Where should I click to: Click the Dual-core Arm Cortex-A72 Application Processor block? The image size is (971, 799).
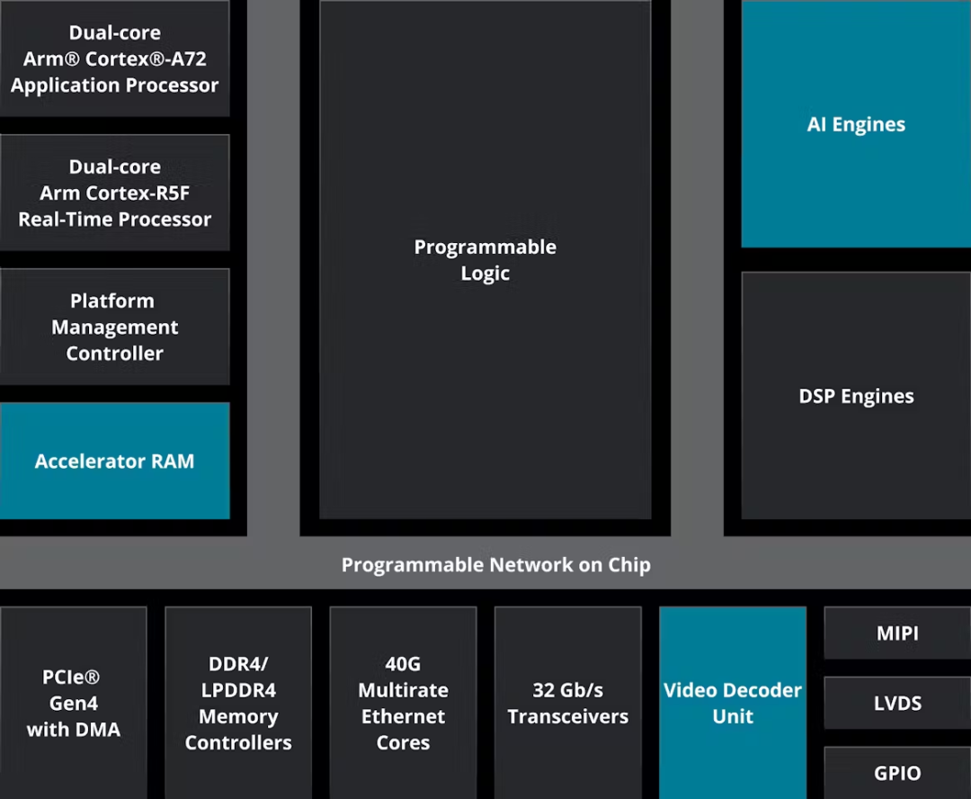pyautogui.click(x=114, y=58)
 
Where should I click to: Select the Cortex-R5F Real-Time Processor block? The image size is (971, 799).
pyautogui.click(x=114, y=193)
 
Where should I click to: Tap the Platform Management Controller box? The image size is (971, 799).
pyautogui.click(x=114, y=327)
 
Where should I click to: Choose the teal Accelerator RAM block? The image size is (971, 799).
pyautogui.click(x=114, y=461)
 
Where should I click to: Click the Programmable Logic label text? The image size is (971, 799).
pyautogui.click(x=485, y=260)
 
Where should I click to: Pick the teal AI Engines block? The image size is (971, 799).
pyautogui.click(x=856, y=124)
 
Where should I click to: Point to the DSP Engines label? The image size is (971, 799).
pyautogui.click(x=856, y=396)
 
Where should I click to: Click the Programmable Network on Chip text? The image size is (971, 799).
pyautogui.click(x=496, y=565)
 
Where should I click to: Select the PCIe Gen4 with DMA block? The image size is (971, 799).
pyautogui.click(x=73, y=703)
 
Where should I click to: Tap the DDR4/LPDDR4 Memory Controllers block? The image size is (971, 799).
pyautogui.click(x=238, y=703)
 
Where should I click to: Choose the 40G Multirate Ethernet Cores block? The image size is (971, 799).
pyautogui.click(x=403, y=703)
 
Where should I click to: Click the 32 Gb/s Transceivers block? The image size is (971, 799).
pyautogui.click(x=568, y=703)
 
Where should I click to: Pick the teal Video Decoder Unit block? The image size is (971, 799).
pyautogui.click(x=733, y=703)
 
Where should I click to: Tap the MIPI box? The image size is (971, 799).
pyautogui.click(x=897, y=633)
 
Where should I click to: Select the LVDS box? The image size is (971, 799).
pyautogui.click(x=897, y=703)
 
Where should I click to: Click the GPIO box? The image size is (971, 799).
pyautogui.click(x=897, y=773)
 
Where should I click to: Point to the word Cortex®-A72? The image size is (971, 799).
pyautogui.click(x=146, y=58)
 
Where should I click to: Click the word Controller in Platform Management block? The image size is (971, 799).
pyautogui.click(x=114, y=354)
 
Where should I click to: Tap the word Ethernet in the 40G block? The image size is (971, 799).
pyautogui.click(x=403, y=716)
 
